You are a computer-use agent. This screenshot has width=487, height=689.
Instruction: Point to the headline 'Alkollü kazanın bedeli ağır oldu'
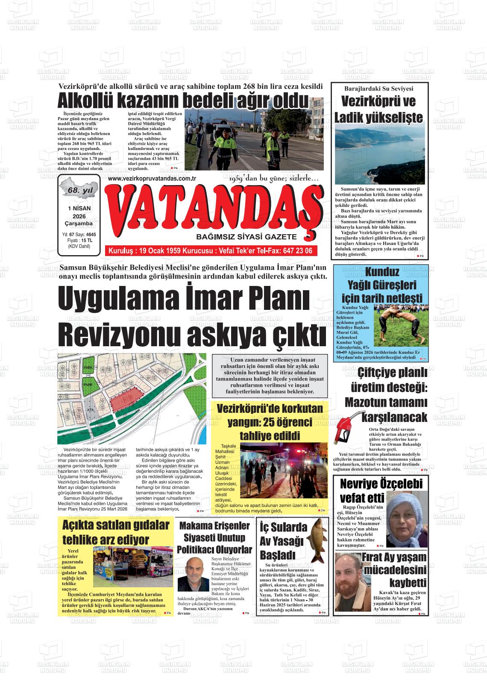click(x=183, y=101)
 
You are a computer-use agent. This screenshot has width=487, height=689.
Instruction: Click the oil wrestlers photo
click(x=401, y=325)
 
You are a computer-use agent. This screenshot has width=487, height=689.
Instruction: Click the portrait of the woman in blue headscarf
click(x=406, y=520)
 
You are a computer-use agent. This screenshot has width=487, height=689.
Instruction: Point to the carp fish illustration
click(x=317, y=541)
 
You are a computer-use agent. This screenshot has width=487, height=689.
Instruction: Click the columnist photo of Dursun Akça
click(x=193, y=575)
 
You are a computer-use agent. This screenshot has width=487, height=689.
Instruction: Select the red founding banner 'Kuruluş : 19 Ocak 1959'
click(x=211, y=251)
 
